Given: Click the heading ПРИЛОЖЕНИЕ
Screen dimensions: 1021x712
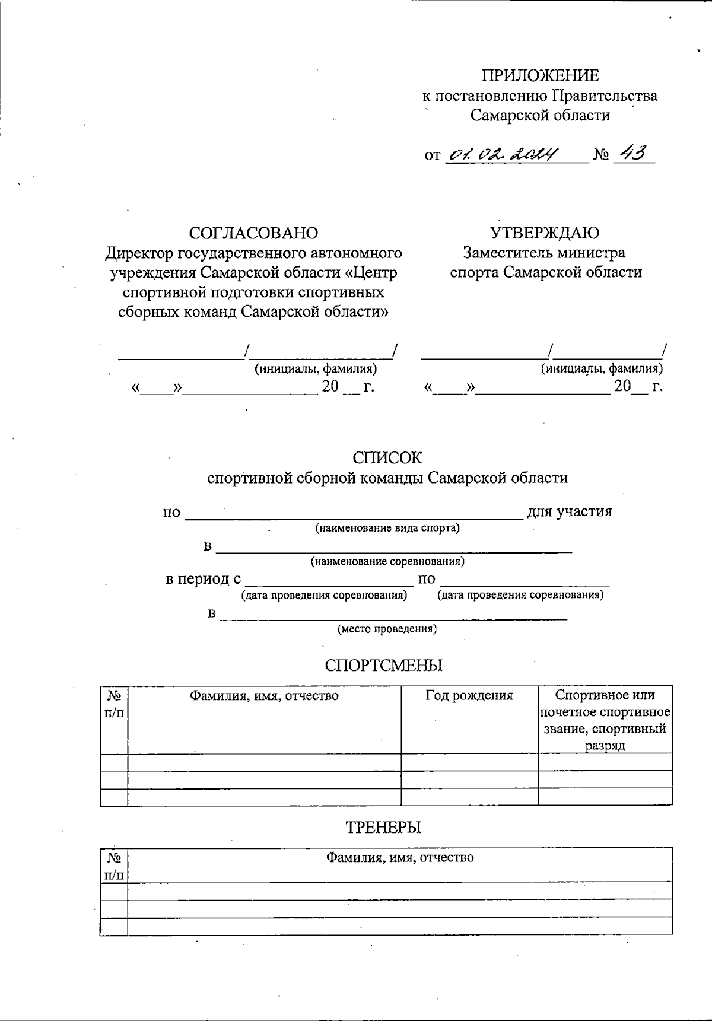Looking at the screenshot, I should click(x=540, y=75).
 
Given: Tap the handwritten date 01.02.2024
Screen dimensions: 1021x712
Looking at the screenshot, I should click(x=502, y=155).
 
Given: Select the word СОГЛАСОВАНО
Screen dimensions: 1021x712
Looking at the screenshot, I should click(x=253, y=233).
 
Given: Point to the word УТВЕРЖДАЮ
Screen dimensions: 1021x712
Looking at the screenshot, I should click(x=545, y=233).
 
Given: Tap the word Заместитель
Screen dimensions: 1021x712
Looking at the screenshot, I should click(x=508, y=253).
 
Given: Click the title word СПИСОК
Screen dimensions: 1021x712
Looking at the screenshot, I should click(x=387, y=458).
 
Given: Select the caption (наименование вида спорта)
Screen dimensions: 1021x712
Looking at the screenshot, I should click(x=387, y=527).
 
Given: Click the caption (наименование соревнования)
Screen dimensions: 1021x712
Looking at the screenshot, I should click(x=387, y=561).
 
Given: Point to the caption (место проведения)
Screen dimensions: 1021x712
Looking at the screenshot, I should click(x=387, y=629).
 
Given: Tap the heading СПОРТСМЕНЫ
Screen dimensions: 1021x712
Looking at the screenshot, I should click(x=383, y=665).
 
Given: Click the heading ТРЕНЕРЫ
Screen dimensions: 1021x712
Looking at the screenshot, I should click(x=383, y=827).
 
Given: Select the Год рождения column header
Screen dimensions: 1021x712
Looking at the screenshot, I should click(x=469, y=695).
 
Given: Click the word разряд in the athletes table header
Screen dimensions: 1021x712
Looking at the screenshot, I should click(x=605, y=746).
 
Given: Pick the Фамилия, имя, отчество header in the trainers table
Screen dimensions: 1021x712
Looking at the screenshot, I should click(x=399, y=857).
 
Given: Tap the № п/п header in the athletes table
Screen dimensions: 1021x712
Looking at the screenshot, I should click(x=114, y=703).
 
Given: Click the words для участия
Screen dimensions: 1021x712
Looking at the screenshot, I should click(x=569, y=511).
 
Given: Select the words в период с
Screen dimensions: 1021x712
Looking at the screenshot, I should click(x=203, y=579).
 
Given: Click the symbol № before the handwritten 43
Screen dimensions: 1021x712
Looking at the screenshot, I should click(x=601, y=156).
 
